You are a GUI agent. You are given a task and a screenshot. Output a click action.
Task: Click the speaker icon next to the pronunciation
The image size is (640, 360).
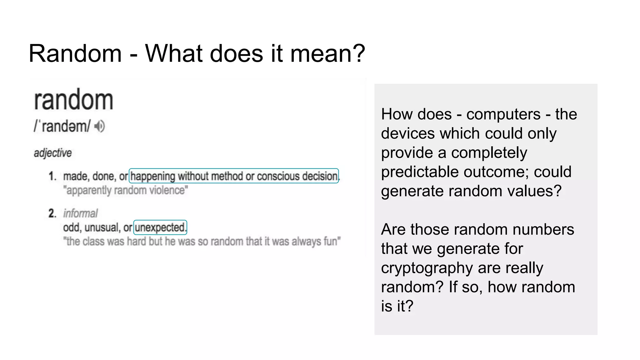point(100,127)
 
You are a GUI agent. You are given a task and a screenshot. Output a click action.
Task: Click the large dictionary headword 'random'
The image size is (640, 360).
point(73,100)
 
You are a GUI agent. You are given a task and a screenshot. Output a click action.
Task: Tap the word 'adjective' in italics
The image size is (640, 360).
point(53,153)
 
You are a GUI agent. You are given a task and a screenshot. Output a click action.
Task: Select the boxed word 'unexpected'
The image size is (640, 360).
point(160,227)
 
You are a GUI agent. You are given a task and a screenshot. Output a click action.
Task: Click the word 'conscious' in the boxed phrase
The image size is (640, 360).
point(278,176)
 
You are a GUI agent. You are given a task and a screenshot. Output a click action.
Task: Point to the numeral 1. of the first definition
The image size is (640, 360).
point(52,176)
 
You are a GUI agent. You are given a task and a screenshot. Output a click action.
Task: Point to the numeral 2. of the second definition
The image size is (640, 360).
point(52,213)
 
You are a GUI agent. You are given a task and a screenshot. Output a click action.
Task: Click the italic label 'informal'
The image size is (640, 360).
point(81,213)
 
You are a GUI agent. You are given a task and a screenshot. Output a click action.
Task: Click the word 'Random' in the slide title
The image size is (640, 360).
point(75,53)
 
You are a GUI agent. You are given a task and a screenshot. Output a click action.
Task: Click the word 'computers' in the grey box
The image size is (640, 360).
point(503,114)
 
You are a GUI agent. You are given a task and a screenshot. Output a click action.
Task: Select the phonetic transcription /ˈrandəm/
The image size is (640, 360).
point(62,127)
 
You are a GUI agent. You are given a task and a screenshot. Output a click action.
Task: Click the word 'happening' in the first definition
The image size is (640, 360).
point(152,176)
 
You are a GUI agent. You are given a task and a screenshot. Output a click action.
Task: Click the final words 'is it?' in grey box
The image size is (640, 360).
point(397,306)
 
